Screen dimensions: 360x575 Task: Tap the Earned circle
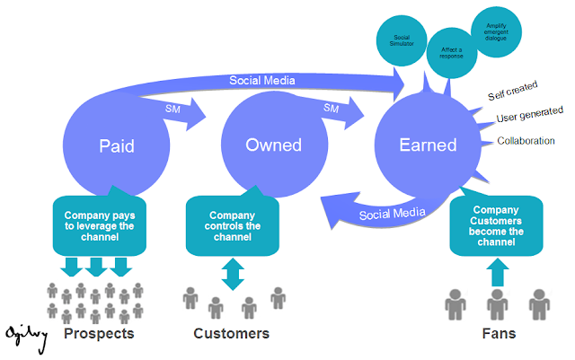pyautogui.click(x=428, y=145)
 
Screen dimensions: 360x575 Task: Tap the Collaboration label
pyautogui.click(x=526, y=141)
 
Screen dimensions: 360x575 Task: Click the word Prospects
pyautogui.click(x=99, y=334)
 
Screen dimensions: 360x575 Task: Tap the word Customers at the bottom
pyautogui.click(x=232, y=334)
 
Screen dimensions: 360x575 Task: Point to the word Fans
pyautogui.click(x=498, y=334)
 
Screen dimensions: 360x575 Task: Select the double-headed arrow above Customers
pyautogui.click(x=233, y=272)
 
